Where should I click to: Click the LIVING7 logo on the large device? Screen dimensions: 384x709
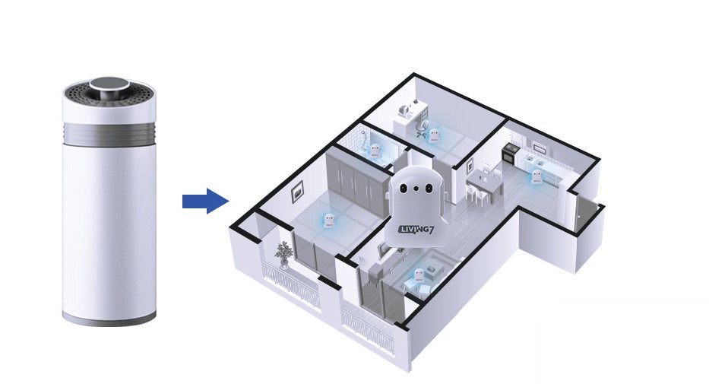pyautogui.click(x=416, y=227)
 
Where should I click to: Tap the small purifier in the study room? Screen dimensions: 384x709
pyautogui.click(x=435, y=135)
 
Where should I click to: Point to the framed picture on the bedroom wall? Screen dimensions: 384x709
pyautogui.click(x=296, y=194)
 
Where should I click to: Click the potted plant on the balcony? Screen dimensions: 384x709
pyautogui.click(x=284, y=252)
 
